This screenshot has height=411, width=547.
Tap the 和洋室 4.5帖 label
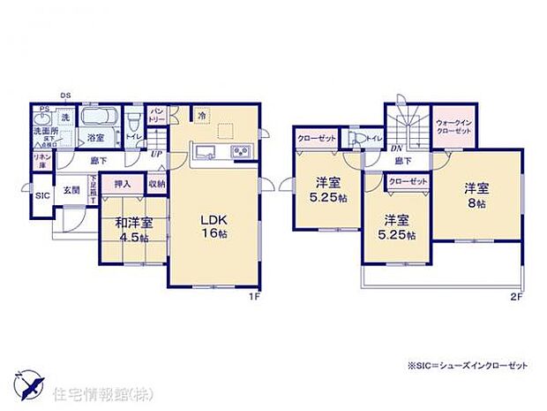click(130, 230)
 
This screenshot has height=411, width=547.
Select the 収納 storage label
click(156, 184)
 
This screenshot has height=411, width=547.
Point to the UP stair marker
click(157, 153)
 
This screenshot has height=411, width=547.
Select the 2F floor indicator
click(517, 296)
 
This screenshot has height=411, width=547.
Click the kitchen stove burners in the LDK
click(241, 153)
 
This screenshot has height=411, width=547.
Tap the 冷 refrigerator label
click(201, 116)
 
